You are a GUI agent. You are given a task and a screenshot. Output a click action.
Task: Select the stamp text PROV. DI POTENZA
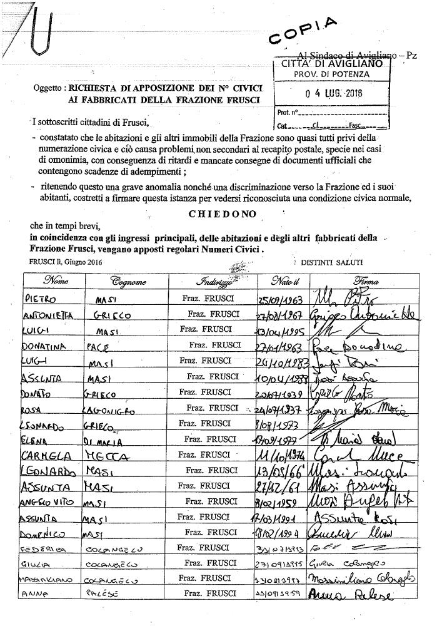(x=332, y=73)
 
